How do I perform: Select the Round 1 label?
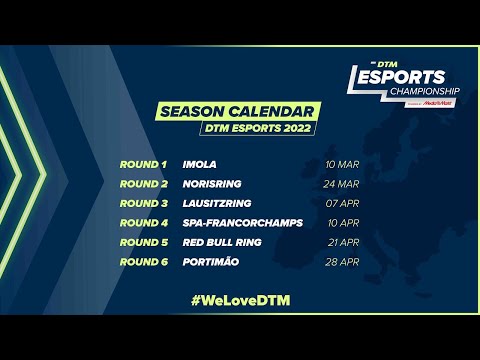pos(143,163)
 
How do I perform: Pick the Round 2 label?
pos(143,183)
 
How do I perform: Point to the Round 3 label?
pos(143,203)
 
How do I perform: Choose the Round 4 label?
pos(143,222)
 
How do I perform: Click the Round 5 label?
pos(143,242)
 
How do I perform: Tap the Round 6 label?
pos(143,261)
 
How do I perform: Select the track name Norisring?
pos(209,183)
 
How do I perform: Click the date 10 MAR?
pos(341,163)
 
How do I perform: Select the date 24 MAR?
pos(341,183)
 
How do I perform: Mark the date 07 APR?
pos(343,203)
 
